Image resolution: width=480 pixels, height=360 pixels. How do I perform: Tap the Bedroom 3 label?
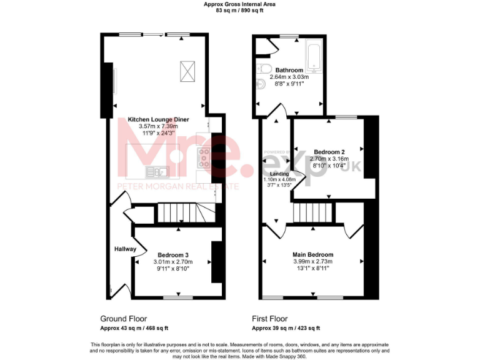click(x=173, y=255)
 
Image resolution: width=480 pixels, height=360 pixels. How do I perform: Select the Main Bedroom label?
click(x=313, y=255)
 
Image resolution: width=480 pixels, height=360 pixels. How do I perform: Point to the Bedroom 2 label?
click(x=329, y=152)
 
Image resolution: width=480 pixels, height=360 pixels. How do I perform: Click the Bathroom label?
click(x=289, y=70)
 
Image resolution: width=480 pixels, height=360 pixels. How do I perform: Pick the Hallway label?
click(x=125, y=249)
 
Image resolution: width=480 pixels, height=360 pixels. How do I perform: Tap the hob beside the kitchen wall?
click(x=204, y=158)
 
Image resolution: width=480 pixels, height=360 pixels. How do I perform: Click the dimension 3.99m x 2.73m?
click(x=313, y=262)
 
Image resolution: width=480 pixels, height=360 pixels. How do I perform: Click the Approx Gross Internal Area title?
click(x=240, y=4)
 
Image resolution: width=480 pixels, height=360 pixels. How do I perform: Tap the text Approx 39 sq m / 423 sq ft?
click(x=286, y=327)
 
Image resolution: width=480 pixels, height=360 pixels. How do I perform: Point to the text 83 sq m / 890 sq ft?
click(x=240, y=11)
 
